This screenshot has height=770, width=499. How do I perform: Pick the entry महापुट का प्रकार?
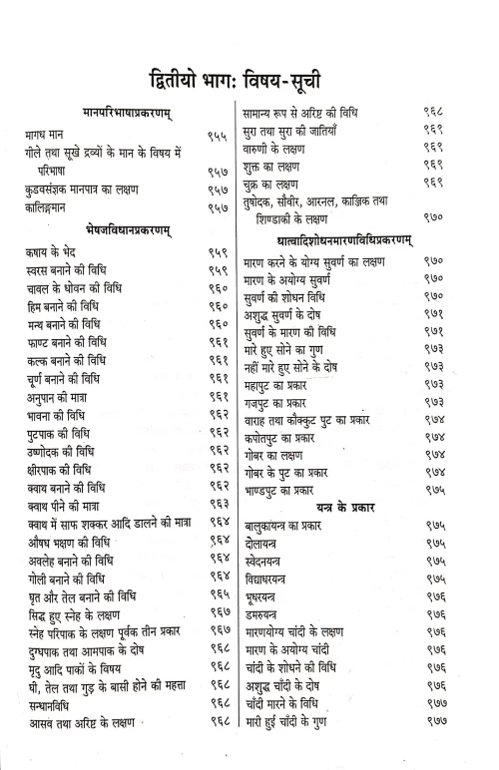pos(290,383)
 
